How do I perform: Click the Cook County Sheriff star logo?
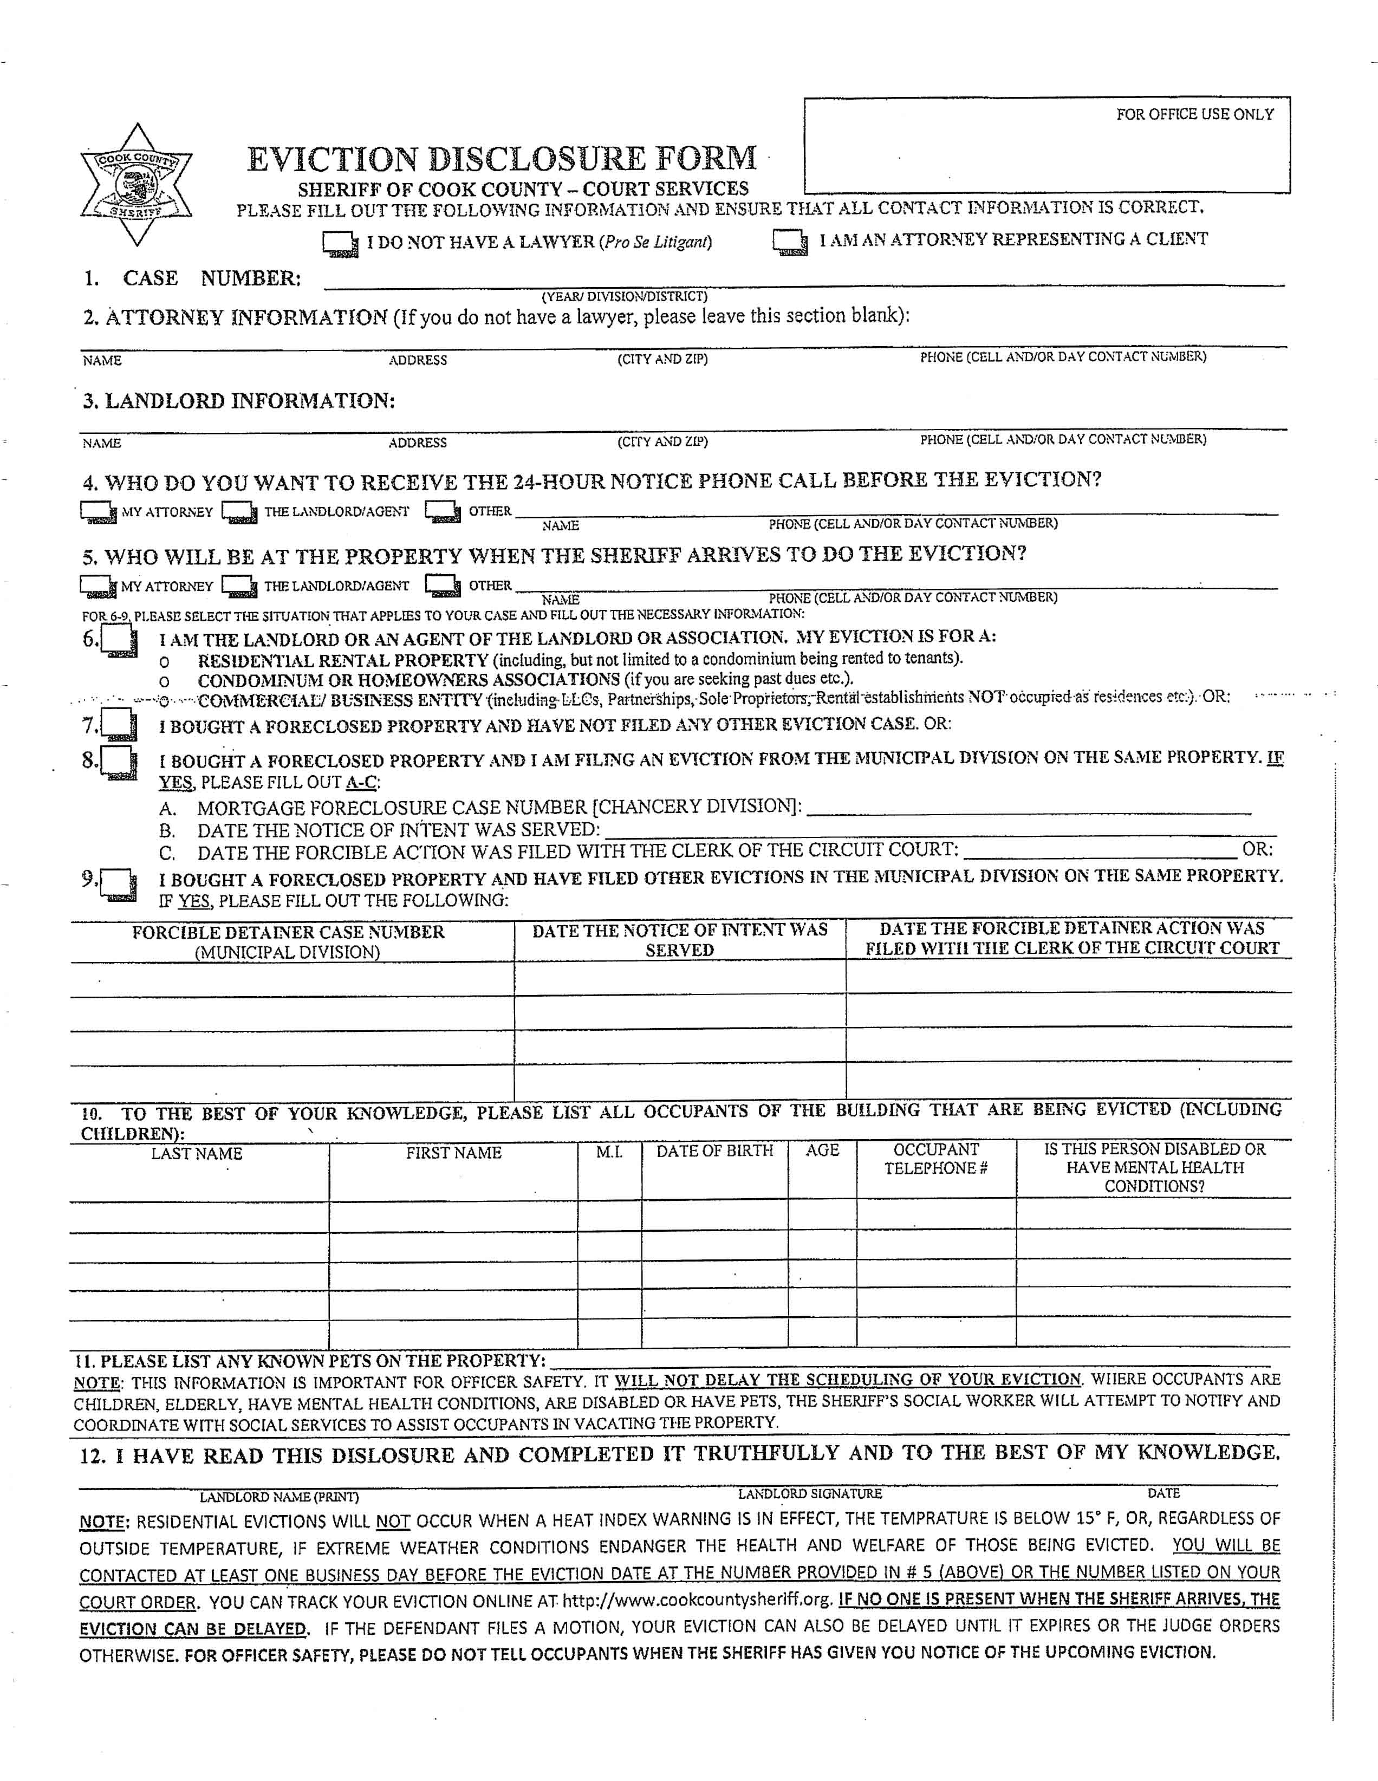136,185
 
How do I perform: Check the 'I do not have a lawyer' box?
339,244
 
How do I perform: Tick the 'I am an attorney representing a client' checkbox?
789,242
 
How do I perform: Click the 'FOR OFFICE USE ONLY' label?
1194,115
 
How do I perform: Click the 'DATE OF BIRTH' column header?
714,1150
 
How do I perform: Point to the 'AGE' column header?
822,1150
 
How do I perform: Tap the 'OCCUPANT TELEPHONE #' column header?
936,1159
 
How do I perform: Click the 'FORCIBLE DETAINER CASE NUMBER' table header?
289,932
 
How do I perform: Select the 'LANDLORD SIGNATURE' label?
810,1493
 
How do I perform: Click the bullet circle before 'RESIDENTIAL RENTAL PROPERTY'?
165,662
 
